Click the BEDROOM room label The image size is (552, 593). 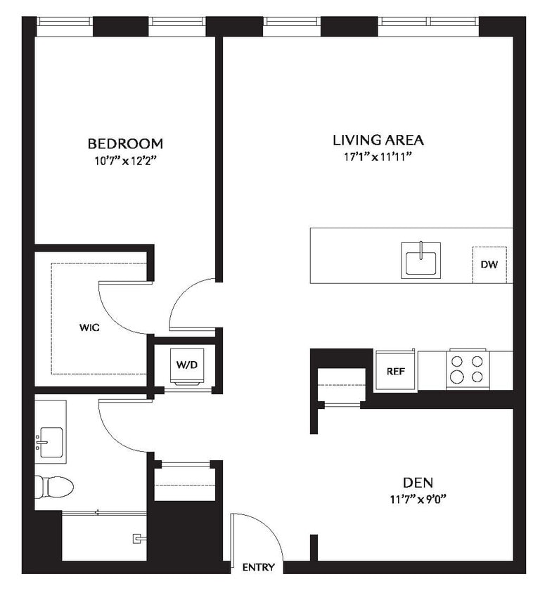pyautogui.click(x=125, y=143)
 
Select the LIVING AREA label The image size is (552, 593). pyautogui.click(x=378, y=139)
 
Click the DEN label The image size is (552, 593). pyautogui.click(x=418, y=483)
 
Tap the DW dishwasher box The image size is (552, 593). pyautogui.click(x=489, y=265)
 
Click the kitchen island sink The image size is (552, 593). pyautogui.click(x=421, y=261)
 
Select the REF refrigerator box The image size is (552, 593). pyautogui.click(x=396, y=370)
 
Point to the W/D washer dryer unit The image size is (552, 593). pyautogui.click(x=186, y=365)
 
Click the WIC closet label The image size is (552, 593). pyautogui.click(x=89, y=327)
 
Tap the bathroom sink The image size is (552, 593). pyautogui.click(x=51, y=442)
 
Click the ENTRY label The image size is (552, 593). pyautogui.click(x=258, y=567)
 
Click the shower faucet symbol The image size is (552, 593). pyautogui.click(x=138, y=539)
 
